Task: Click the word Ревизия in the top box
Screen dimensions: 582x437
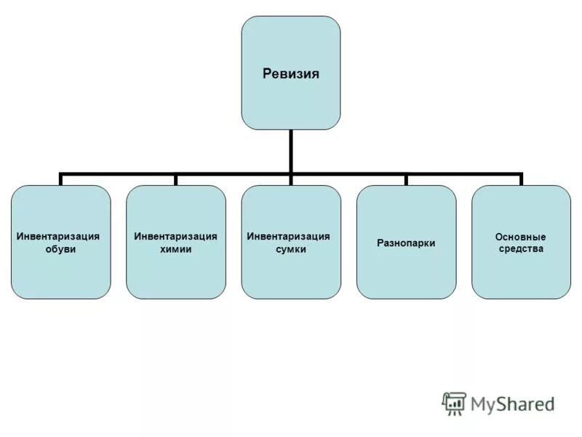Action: (x=290, y=74)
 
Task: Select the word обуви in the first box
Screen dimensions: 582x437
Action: (x=60, y=250)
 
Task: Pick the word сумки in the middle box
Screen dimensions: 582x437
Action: (x=290, y=250)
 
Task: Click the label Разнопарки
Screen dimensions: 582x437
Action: (x=406, y=243)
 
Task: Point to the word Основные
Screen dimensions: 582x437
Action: (x=520, y=237)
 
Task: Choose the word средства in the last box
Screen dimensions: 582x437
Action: (x=520, y=249)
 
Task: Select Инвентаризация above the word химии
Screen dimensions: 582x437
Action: (x=175, y=237)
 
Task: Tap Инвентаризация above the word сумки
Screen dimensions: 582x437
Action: (x=289, y=237)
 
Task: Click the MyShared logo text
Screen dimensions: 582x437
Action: (x=512, y=403)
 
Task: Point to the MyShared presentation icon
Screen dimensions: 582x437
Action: (x=454, y=403)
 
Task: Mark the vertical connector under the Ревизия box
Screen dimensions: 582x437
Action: (x=291, y=151)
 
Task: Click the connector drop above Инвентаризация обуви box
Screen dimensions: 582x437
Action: (x=61, y=180)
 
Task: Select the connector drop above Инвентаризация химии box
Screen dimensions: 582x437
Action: (x=176, y=180)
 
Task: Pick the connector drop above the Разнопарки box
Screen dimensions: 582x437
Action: (x=406, y=180)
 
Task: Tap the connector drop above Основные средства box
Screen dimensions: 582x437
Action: (x=521, y=180)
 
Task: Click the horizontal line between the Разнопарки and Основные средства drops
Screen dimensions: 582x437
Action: (x=463, y=175)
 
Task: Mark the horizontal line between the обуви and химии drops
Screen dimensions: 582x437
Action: (x=119, y=175)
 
